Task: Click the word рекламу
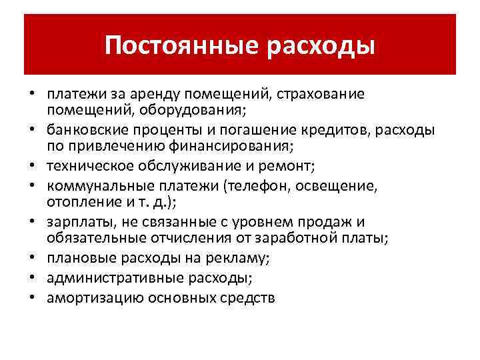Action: [224, 256]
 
